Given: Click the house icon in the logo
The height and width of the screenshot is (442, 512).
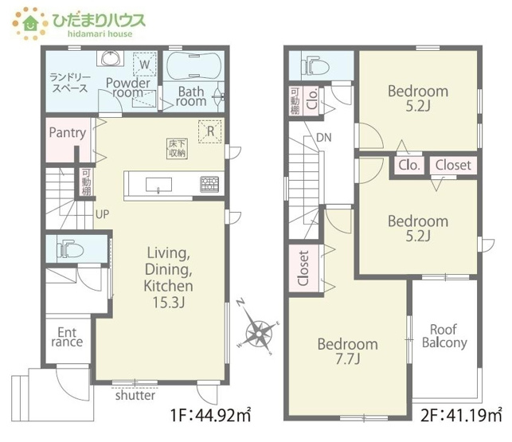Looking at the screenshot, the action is pos(31,23).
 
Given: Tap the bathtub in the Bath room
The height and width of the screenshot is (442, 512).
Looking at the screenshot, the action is pos(194,65).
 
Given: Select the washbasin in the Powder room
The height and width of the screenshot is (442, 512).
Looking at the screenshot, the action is pos(111,58).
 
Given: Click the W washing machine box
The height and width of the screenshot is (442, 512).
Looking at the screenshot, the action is pos(145,64).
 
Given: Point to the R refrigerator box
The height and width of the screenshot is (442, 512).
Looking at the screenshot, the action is pos(210,131).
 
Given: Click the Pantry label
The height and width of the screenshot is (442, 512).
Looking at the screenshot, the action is pos(68,133).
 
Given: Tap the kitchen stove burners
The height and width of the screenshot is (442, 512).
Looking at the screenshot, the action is pos(209,184).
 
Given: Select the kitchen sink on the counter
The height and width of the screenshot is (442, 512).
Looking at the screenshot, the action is pos(158,185).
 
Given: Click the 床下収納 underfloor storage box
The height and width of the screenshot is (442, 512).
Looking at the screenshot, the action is pos(178,149).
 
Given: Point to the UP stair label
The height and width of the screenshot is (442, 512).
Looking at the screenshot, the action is pos(102,214).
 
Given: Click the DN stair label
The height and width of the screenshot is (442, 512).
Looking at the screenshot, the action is pos(324,138).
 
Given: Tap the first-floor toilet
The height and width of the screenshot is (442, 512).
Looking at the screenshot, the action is pos(69,249).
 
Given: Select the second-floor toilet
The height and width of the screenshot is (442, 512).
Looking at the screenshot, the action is pos(315,66).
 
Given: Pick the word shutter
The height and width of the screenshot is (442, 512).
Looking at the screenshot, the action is pos(135,395).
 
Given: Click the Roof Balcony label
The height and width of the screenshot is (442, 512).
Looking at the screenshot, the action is pos(444,336).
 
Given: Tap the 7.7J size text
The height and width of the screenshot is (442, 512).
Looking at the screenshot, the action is pos(348,359).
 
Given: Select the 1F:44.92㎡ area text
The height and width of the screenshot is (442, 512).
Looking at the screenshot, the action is pos(210,415).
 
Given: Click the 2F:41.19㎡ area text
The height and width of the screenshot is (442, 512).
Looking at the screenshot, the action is pos(461,415).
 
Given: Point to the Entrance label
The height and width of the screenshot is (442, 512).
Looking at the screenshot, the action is pos(67,337).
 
